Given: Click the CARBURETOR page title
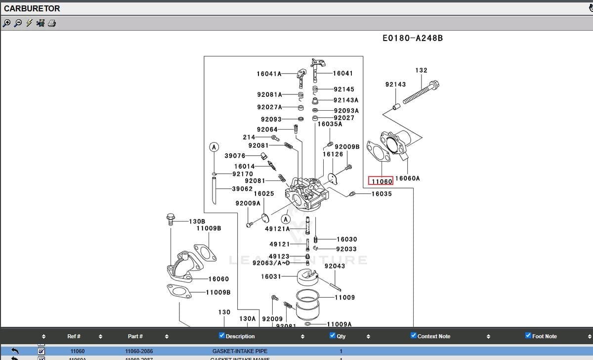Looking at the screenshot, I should coord(32,8).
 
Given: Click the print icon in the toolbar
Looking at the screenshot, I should coord(52,23).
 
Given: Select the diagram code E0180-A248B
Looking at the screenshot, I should coord(413,38).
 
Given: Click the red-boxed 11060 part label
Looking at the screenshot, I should coord(381,181).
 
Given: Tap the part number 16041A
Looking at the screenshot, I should coord(269,74).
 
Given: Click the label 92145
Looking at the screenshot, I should coord(344,90).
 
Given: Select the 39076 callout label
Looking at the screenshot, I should coord(235,156).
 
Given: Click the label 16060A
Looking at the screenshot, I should coord(408,179).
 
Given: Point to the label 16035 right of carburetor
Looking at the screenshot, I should coord(381,194).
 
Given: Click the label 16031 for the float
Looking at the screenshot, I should coord(271,276).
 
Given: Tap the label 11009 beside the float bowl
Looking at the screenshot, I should coord(344,297).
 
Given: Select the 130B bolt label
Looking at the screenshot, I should coord(197,222).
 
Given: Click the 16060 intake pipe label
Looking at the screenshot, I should coord(218,279).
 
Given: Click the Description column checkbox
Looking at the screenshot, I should coord(222,336).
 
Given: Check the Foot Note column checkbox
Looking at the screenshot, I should coord(528,336).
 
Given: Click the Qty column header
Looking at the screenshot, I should coord(341,336).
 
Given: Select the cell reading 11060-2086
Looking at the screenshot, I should coord(139,351).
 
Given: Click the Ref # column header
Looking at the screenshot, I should coord(74,336).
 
